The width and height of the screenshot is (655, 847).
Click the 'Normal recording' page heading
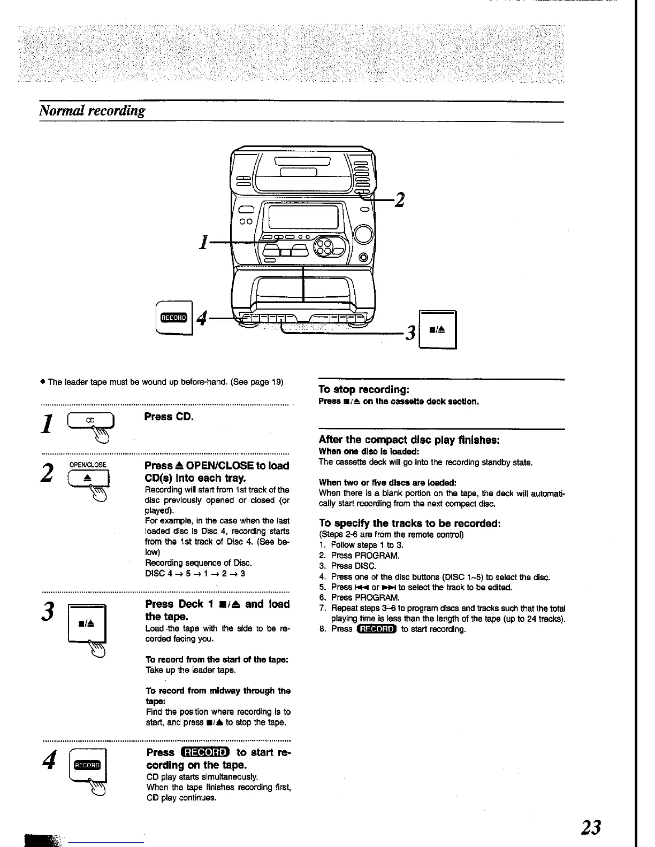coord(92,111)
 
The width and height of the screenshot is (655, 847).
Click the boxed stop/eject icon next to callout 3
coord(437,330)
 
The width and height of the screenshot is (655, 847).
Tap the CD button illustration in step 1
coord(90,421)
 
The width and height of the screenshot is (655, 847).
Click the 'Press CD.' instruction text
coord(169,417)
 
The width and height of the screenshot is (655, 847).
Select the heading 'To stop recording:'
coord(364,390)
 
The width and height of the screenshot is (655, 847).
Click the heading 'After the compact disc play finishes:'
coord(409,440)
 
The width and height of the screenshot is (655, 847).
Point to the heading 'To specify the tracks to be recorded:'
coord(409,523)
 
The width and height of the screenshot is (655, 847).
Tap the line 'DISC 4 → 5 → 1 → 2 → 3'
coord(195,574)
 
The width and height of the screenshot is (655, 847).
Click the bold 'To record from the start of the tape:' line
coord(217,659)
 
